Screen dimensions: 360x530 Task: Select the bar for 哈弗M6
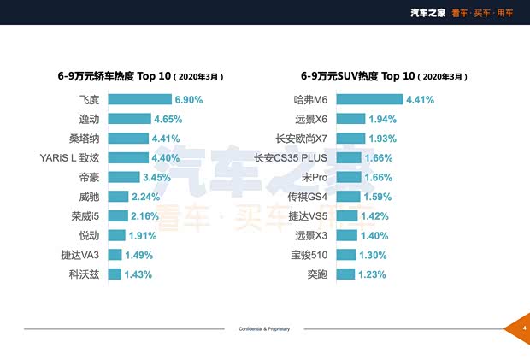tap(368, 99)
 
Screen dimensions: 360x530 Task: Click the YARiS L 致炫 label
tap(69, 157)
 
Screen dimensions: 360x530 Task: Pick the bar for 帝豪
tap(122, 177)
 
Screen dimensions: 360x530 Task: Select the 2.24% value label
tap(145, 197)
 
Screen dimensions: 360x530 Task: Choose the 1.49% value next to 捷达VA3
tap(138, 255)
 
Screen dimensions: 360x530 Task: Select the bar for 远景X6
tap(350, 119)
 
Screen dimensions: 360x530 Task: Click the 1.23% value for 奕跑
tap(371, 274)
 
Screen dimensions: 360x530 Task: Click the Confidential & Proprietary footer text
tap(264, 328)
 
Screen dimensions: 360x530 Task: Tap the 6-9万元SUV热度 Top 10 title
tap(384, 76)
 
